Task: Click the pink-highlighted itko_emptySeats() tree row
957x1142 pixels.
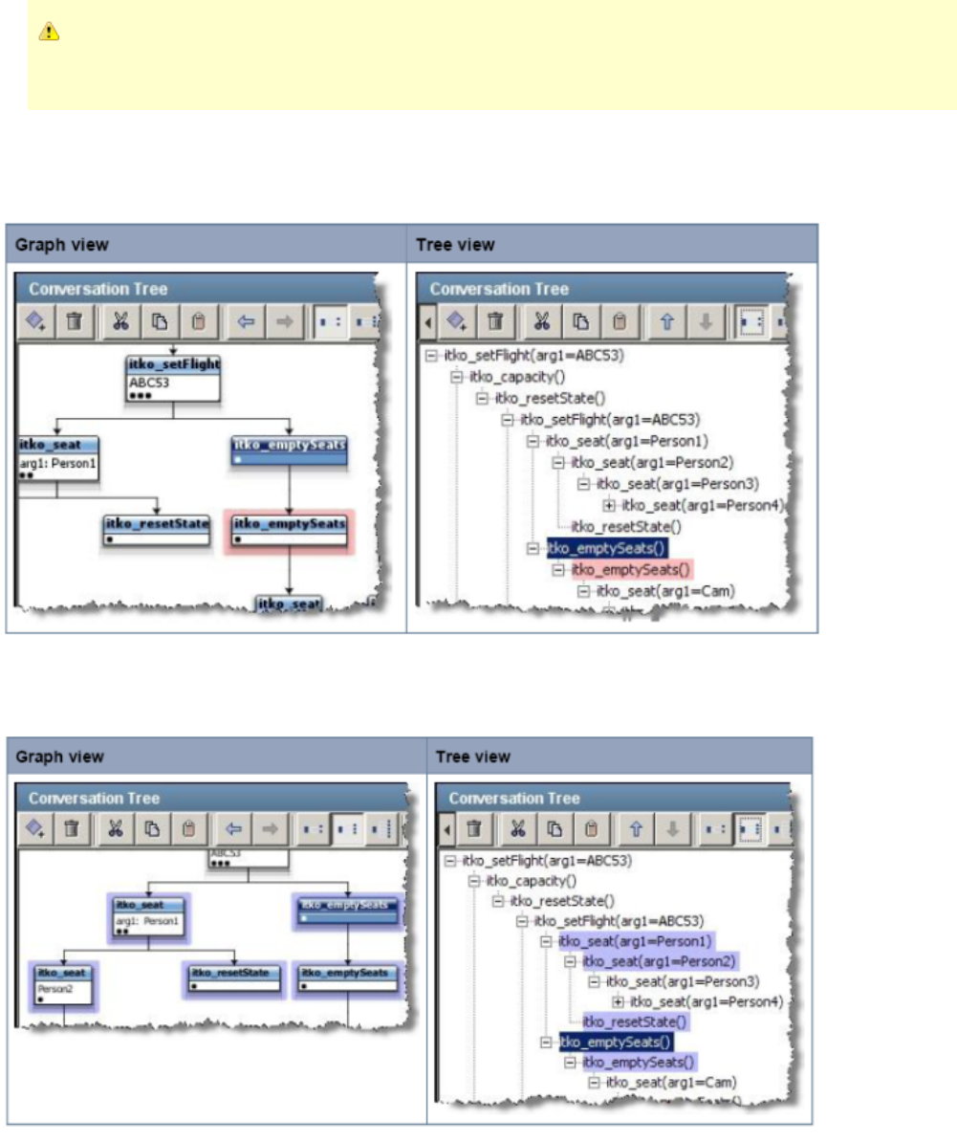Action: click(631, 570)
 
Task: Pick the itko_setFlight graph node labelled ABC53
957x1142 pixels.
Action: click(173, 379)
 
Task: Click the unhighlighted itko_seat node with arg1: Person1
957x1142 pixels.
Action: click(57, 457)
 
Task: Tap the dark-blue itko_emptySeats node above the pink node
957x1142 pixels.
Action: click(289, 450)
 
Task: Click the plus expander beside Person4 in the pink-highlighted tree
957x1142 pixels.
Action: click(609, 506)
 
